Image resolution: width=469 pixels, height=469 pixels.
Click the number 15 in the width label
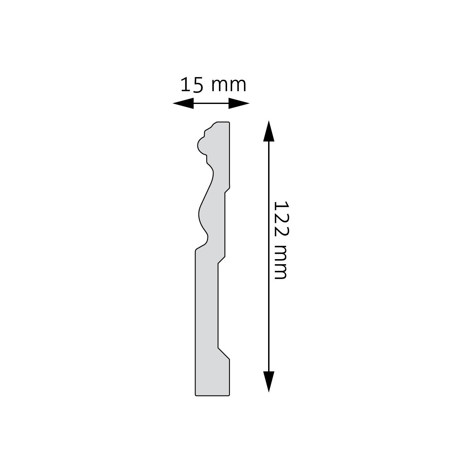[x=192, y=85]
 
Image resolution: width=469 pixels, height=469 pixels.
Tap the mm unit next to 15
[x=229, y=86]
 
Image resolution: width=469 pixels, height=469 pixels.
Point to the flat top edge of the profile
[x=222, y=122]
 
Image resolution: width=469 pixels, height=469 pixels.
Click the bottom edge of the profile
[x=212, y=396]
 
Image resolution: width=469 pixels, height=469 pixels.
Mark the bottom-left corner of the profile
[x=195, y=395]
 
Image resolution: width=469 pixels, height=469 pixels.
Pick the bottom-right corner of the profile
[x=229, y=395]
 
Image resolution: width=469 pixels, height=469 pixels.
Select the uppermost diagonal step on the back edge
[x=227, y=190]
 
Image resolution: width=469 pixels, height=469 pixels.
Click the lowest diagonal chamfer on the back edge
[x=224, y=353]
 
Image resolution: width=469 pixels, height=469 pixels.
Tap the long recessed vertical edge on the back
[x=218, y=305]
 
